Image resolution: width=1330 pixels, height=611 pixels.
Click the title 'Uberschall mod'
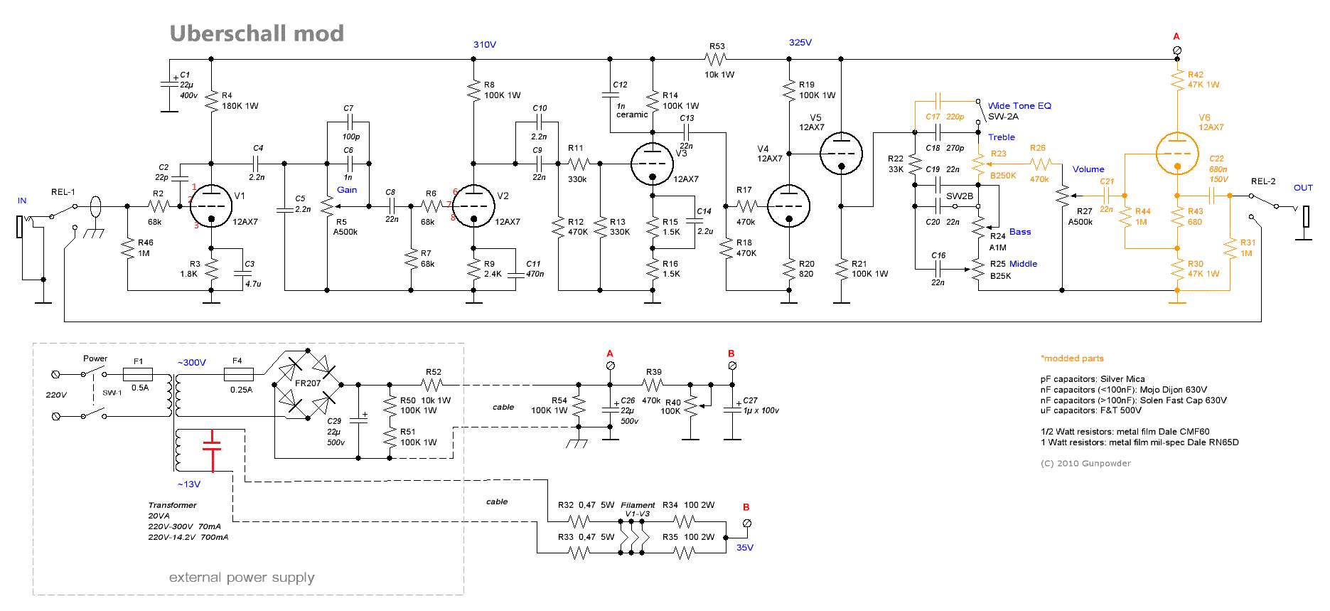pyautogui.click(x=257, y=33)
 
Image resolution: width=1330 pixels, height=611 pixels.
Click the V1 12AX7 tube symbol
pyautogui.click(x=212, y=206)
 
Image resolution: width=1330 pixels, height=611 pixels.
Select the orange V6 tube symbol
pyautogui.click(x=1177, y=153)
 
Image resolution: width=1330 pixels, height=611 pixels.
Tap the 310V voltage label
pyautogui.click(x=485, y=45)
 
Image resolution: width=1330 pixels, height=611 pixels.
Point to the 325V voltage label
pyautogui.click(x=800, y=43)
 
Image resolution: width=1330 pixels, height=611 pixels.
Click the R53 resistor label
pyautogui.click(x=717, y=46)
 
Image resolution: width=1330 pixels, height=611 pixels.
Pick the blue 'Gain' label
pyautogui.click(x=347, y=190)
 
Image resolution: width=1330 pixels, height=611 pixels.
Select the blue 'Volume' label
pyautogui.click(x=1088, y=169)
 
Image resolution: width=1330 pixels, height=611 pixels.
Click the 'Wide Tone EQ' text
pyautogui.click(x=1019, y=106)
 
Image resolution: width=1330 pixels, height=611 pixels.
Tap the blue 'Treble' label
pyautogui.click(x=1002, y=137)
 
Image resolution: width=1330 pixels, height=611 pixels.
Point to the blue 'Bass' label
pyautogui.click(x=1020, y=232)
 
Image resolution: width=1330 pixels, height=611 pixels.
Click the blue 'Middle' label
pyautogui.click(x=1023, y=264)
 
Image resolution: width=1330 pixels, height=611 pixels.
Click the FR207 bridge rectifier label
pyautogui.click(x=308, y=383)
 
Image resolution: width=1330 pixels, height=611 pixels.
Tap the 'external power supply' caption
pyautogui.click(x=242, y=578)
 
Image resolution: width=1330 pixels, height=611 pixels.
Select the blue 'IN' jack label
pyautogui.click(x=22, y=201)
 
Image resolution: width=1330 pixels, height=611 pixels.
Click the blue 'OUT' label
pyautogui.click(x=1303, y=188)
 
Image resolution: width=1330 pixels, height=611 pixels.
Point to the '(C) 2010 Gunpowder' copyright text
pyautogui.click(x=1085, y=464)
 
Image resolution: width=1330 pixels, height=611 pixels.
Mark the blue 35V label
pyautogui.click(x=745, y=548)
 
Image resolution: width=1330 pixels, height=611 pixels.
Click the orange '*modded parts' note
pyautogui.click(x=1072, y=358)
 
